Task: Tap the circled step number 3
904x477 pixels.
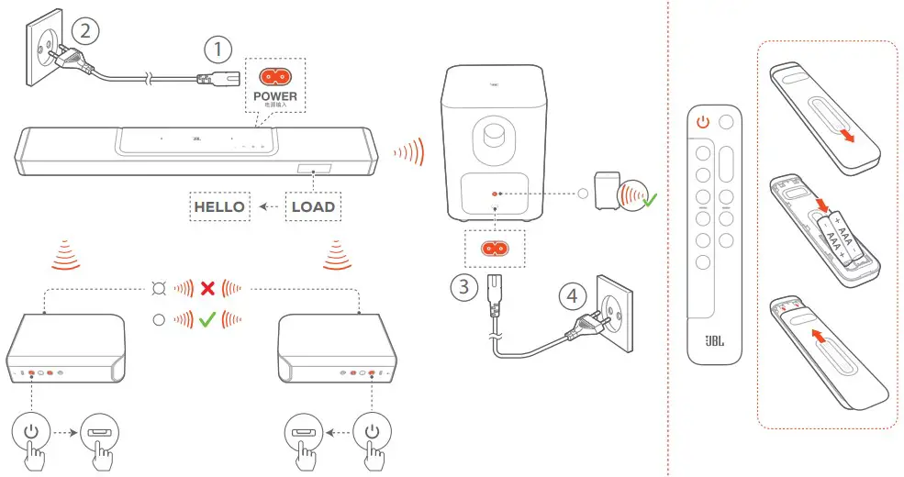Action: (464, 286)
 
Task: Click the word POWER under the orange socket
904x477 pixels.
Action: (275, 95)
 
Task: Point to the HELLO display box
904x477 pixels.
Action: (219, 206)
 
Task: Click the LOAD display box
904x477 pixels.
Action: (313, 206)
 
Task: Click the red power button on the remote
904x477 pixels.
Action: (703, 121)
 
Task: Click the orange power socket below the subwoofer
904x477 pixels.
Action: (496, 249)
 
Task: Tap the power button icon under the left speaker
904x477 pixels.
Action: (31, 431)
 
